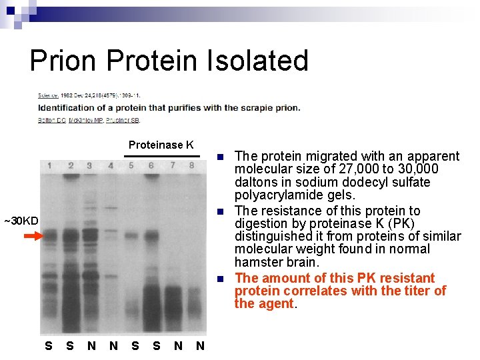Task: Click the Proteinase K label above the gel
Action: [161, 145]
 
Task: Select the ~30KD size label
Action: [21, 221]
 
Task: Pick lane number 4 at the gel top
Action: [111, 165]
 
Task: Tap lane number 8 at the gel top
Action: [192, 165]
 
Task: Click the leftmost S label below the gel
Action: [48, 345]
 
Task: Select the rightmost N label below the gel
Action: [200, 345]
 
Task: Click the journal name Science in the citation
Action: [47, 95]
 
